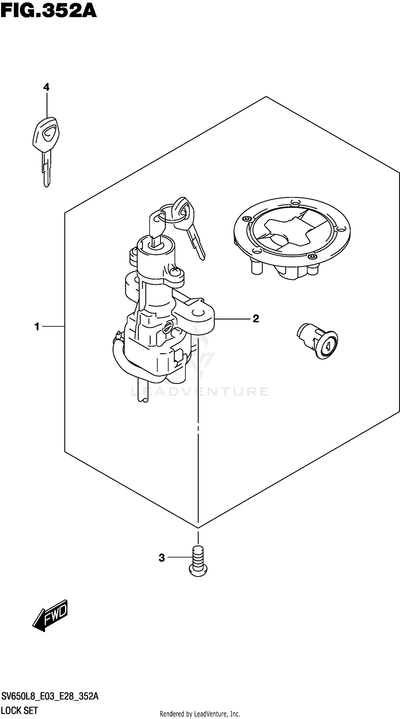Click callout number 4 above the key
46,87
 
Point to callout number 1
37,326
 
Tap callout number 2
255,318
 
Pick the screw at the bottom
198,561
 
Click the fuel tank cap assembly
292,237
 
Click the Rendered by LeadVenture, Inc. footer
200,714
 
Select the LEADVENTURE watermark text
200,391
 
